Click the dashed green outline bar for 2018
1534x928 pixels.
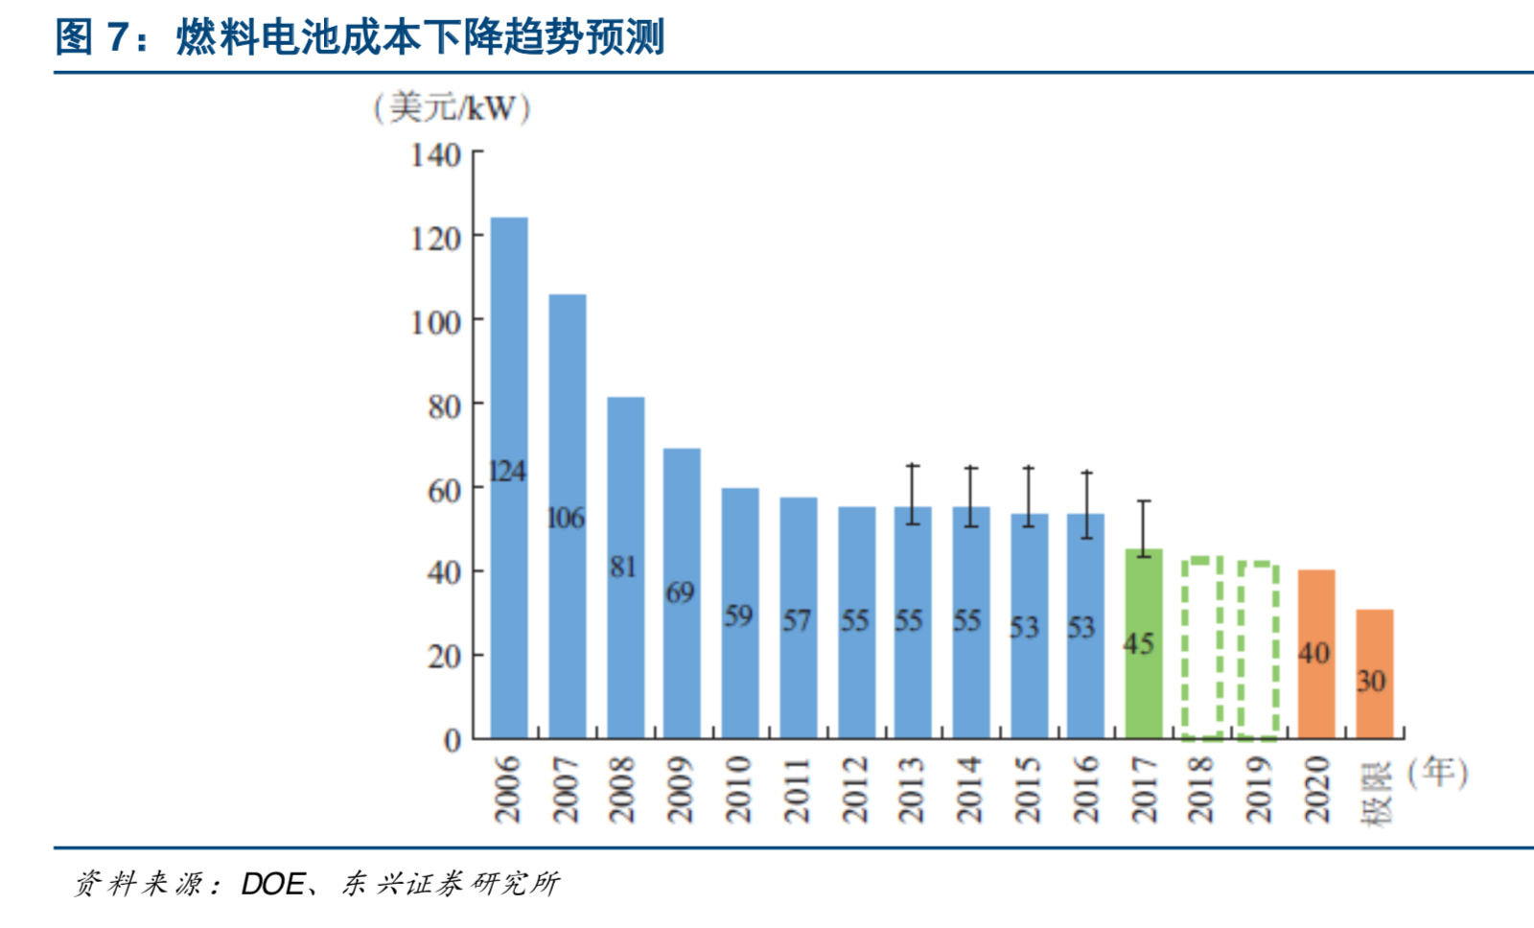[1201, 648]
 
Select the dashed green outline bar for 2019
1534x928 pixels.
[1258, 650]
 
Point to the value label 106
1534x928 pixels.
[566, 519]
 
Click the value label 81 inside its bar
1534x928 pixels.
[623, 568]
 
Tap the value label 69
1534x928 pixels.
[681, 592]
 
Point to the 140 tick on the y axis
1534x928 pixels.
[436, 154]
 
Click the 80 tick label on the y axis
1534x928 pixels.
[444, 406]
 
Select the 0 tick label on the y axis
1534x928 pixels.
[452, 740]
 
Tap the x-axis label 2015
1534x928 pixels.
[1027, 789]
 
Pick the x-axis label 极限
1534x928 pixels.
[1375, 794]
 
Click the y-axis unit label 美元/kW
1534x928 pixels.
[452, 107]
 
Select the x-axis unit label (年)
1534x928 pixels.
[1437, 772]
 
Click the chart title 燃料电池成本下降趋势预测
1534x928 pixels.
[419, 37]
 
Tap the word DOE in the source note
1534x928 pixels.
[272, 883]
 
